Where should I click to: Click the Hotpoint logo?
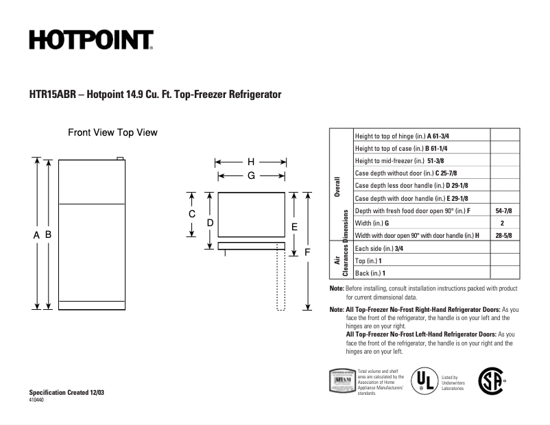91,40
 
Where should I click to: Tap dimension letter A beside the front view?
36,234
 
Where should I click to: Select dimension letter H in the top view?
251,162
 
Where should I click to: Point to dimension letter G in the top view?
251,175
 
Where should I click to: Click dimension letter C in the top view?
193,214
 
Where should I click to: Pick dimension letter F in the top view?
307,252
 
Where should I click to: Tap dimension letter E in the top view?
294,226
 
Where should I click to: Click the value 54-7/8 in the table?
503,210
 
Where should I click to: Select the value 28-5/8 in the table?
503,235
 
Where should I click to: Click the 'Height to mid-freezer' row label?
388,160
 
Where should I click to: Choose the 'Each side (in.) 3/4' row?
379,248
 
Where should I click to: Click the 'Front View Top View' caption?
112,132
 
